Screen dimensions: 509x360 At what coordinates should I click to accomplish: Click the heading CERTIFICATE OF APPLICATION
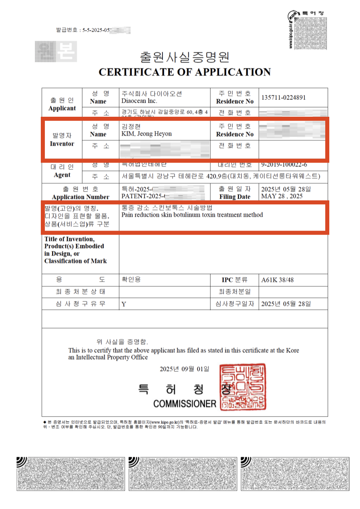click(184, 72)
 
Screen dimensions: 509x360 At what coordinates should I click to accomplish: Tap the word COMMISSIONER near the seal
click(185, 404)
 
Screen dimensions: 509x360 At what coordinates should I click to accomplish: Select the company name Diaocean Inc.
click(139, 101)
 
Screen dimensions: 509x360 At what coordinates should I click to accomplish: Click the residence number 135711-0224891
click(283, 97)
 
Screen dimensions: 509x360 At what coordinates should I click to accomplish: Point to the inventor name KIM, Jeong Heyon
click(147, 134)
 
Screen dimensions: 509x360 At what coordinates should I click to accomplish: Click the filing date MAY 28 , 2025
click(282, 196)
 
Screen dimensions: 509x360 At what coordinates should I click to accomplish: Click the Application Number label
click(81, 197)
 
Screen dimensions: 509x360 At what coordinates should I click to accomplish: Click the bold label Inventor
click(62, 144)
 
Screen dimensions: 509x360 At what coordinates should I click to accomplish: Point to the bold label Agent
click(62, 175)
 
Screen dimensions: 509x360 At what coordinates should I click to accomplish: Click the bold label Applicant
click(62, 108)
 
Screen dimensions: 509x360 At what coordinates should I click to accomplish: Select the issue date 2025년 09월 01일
click(185, 369)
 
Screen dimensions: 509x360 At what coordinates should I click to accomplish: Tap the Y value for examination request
click(124, 304)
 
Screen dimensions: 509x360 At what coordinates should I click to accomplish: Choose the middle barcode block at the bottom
click(183, 474)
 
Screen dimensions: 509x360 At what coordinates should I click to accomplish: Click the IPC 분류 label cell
click(234, 280)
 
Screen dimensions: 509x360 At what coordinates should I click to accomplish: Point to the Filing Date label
click(235, 197)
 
